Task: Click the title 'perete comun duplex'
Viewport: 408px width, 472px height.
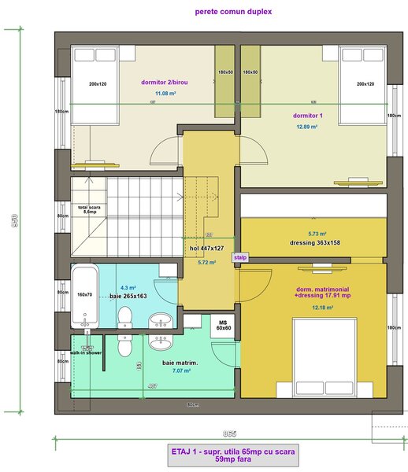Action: (x=233, y=12)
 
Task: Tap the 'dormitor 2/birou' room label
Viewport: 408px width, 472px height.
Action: (x=165, y=82)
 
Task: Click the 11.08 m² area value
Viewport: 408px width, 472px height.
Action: (x=165, y=94)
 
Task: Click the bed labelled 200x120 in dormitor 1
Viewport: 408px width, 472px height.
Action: (x=362, y=84)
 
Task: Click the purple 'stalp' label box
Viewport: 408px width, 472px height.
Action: (x=239, y=256)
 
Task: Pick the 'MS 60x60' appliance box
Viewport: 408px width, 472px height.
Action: (x=223, y=325)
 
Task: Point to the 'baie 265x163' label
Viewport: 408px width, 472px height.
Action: (x=128, y=297)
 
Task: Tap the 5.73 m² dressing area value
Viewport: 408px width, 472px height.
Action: (x=317, y=234)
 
